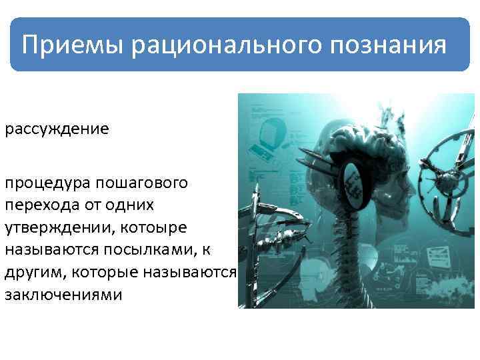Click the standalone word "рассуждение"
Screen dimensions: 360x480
click(x=57, y=128)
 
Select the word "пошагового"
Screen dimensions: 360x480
click(x=143, y=182)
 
